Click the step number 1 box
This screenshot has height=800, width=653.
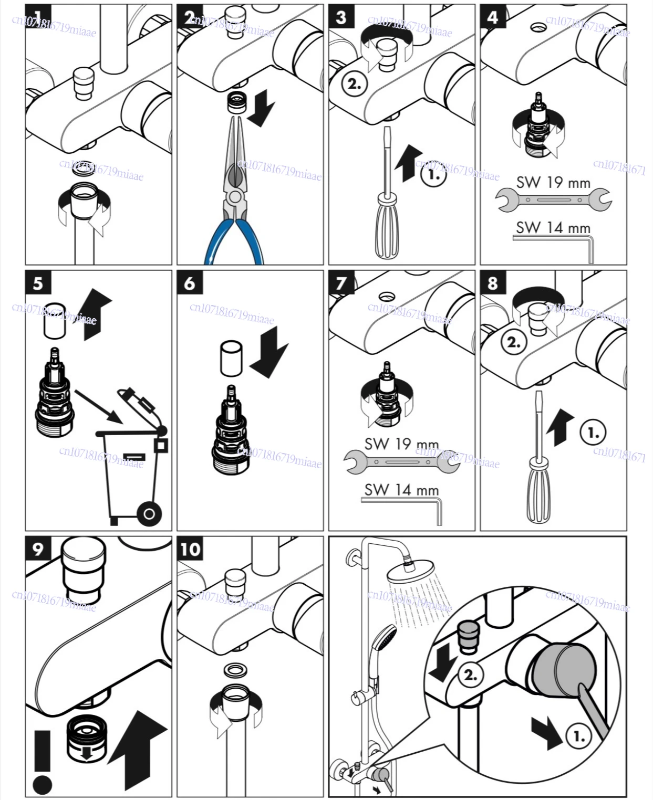click(x=38, y=17)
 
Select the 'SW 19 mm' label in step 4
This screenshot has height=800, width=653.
click(x=553, y=182)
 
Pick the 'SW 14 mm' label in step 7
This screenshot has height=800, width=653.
click(x=402, y=489)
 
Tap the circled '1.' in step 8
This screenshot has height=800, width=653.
click(x=593, y=433)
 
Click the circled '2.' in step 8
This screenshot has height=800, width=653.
click(x=513, y=342)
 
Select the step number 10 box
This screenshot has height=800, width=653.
click(x=190, y=549)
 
